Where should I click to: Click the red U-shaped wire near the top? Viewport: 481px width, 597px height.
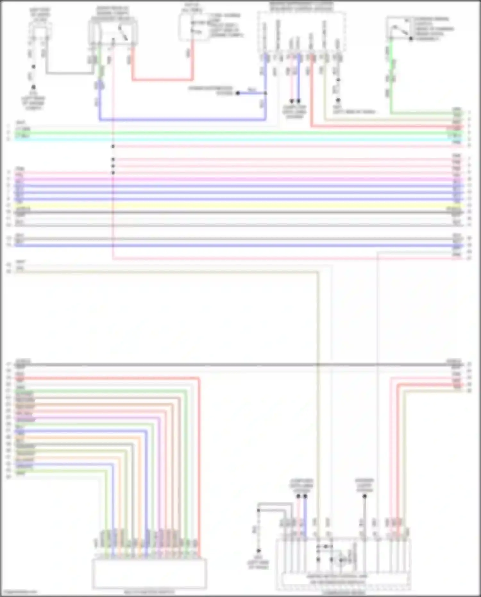point(162,79)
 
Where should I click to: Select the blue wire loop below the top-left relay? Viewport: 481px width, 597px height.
point(183,120)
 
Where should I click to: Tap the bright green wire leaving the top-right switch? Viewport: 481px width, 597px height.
point(392,80)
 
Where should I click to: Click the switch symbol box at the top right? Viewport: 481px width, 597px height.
point(399,29)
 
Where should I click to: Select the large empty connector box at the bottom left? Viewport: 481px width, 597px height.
point(149,573)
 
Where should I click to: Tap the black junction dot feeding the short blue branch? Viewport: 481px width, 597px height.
point(238,93)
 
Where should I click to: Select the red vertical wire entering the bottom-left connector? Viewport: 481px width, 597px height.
point(199,465)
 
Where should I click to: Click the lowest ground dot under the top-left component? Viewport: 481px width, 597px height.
point(33,87)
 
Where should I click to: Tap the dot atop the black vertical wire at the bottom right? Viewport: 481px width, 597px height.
point(364,496)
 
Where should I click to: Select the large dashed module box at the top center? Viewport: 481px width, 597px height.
point(301,31)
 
